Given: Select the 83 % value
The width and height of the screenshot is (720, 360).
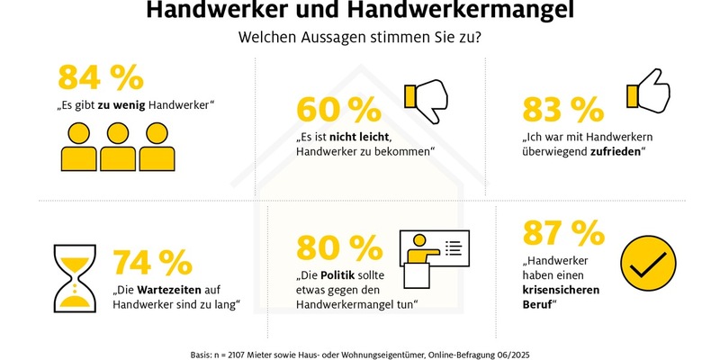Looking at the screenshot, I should pos(562,110).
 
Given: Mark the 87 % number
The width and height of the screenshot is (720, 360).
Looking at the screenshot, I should pos(563,234).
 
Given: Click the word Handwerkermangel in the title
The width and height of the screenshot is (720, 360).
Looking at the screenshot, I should pos(465,12).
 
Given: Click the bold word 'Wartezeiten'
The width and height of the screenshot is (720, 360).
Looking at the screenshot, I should pos(174,291).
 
